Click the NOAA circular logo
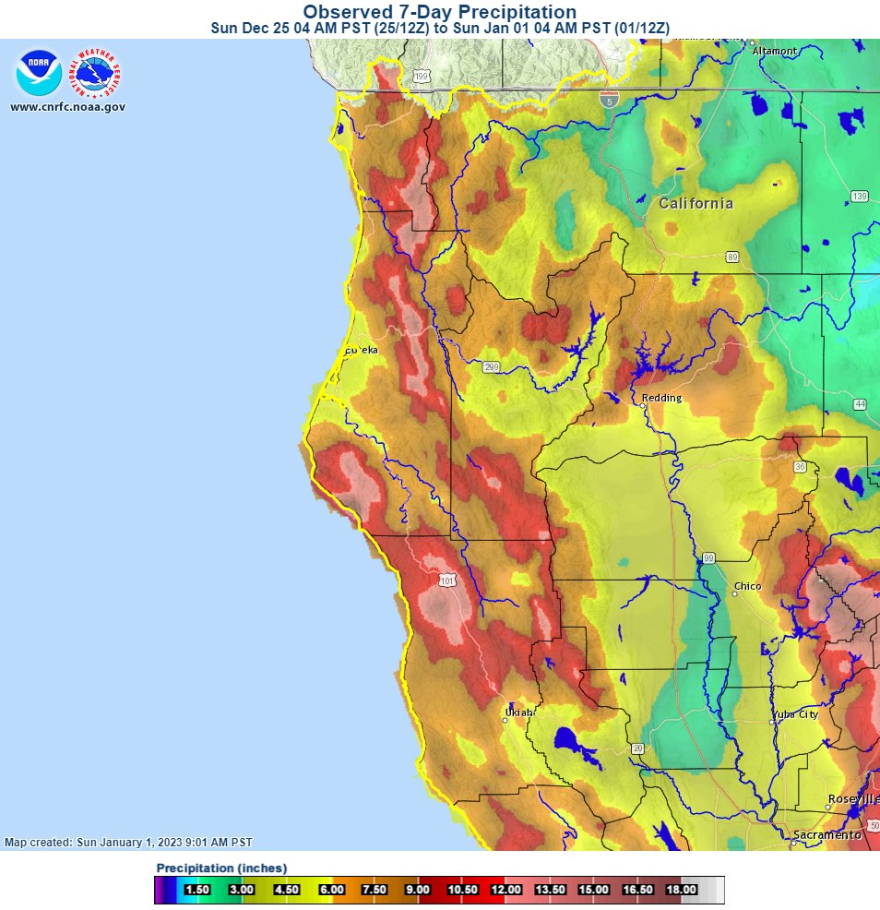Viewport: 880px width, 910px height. [x=38, y=74]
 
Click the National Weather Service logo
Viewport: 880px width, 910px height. [x=98, y=74]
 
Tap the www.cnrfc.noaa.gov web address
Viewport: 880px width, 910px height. [x=67, y=107]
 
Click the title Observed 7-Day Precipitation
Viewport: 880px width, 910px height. [x=440, y=12]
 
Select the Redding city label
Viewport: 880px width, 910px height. [x=661, y=398]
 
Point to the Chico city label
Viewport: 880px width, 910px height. [x=747, y=587]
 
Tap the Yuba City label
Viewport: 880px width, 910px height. [x=794, y=714]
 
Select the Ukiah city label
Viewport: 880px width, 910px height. [x=519, y=712]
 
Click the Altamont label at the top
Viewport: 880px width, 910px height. [x=775, y=51]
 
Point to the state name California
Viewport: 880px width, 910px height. [x=696, y=203]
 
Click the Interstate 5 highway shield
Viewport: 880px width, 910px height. [x=607, y=99]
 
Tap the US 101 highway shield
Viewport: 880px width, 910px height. [x=446, y=580]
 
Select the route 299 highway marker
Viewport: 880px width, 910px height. [x=492, y=367]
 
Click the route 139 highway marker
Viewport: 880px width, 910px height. [x=860, y=196]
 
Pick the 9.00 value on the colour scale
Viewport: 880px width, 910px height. [x=418, y=890]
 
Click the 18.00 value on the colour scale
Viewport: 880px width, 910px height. [x=681, y=890]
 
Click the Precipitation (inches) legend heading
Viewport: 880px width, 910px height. [x=221, y=868]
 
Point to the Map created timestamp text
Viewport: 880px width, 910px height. [x=128, y=843]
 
